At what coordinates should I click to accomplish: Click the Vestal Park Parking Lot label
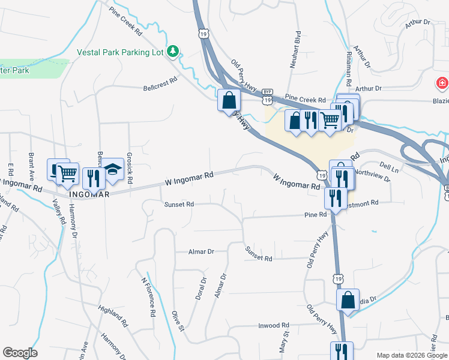tap(120, 52)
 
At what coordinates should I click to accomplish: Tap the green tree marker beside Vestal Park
tap(173, 52)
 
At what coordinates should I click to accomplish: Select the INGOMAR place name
tap(89, 194)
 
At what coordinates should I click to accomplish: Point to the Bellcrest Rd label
tap(160, 83)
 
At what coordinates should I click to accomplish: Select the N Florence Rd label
tap(148, 296)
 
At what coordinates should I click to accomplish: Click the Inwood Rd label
tap(261, 326)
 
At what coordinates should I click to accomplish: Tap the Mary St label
tap(283, 342)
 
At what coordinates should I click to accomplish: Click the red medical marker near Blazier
tap(442, 83)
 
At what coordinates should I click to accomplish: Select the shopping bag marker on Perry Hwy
tap(229, 100)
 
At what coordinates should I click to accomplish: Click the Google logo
tap(20, 353)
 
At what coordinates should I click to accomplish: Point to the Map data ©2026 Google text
tap(412, 355)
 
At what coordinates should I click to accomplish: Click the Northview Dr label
tap(372, 175)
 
